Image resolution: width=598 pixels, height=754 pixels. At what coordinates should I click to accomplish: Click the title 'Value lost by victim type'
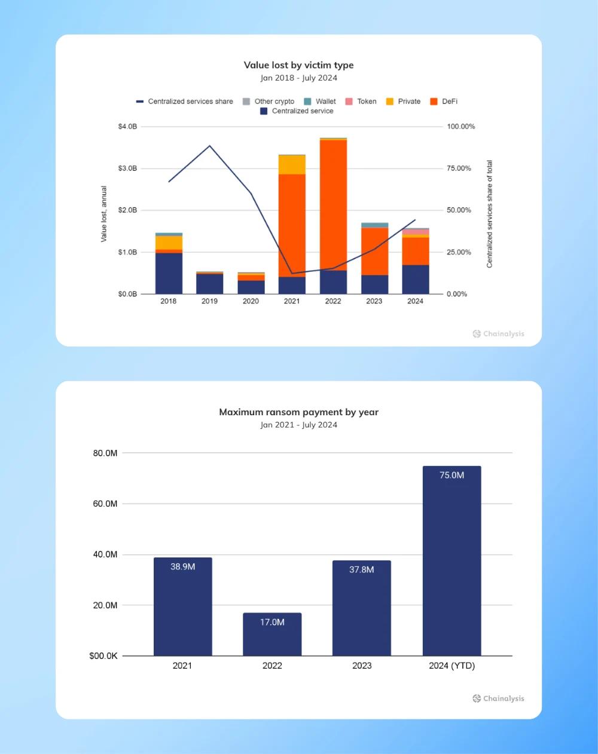pos(298,65)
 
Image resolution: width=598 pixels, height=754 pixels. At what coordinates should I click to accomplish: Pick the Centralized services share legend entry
pos(185,102)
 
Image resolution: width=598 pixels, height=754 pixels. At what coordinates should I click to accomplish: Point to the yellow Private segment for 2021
pos(292,164)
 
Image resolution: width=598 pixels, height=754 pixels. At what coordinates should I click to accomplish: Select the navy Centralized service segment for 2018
pos(169,273)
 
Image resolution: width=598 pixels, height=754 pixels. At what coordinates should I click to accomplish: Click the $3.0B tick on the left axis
pos(127,168)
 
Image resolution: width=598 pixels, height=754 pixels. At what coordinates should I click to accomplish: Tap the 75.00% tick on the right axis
pos(459,168)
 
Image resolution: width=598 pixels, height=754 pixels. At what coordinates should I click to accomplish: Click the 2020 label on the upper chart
pos(251,301)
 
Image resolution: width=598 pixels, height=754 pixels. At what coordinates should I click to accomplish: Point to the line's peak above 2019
pos(209,146)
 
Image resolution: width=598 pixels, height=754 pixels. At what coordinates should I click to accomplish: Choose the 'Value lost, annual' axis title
pos(104,214)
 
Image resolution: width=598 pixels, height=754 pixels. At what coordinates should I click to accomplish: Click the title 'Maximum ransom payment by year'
pos(298,412)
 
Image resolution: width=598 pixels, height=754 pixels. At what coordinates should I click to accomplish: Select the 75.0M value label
pos(451,476)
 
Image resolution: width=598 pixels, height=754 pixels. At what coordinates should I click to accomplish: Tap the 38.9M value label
pos(182,566)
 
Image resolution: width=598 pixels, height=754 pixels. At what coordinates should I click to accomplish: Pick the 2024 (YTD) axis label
pos(451,666)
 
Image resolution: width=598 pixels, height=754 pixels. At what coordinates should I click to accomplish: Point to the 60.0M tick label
pos(105,504)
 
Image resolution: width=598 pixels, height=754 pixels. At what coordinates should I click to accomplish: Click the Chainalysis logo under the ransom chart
pos(498,698)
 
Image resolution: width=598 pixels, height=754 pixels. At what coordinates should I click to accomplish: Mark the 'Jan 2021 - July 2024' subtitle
pos(298,425)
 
